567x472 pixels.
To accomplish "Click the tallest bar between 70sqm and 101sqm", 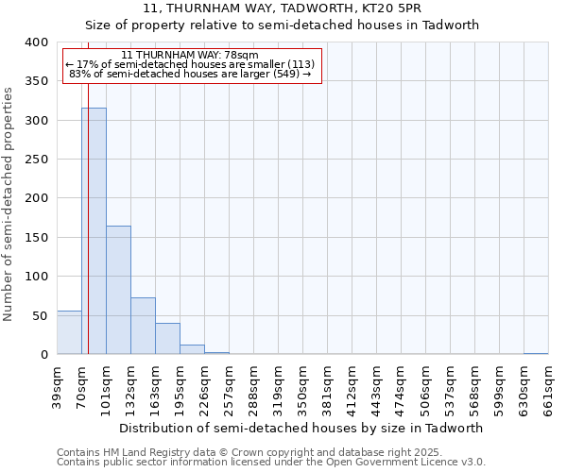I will [94, 231].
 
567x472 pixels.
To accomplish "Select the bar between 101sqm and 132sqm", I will [118, 290].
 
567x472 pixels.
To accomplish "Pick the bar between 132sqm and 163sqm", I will [143, 326].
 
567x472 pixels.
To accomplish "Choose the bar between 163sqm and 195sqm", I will [167, 339].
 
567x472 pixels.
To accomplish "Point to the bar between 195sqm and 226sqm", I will [192, 349].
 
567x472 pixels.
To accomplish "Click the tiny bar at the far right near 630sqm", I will [536, 353].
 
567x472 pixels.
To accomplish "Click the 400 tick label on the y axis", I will [36, 42].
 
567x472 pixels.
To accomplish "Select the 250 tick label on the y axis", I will [36, 160].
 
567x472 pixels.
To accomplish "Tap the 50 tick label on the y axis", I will [40, 315].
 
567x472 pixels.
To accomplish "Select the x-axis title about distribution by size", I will [302, 428].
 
